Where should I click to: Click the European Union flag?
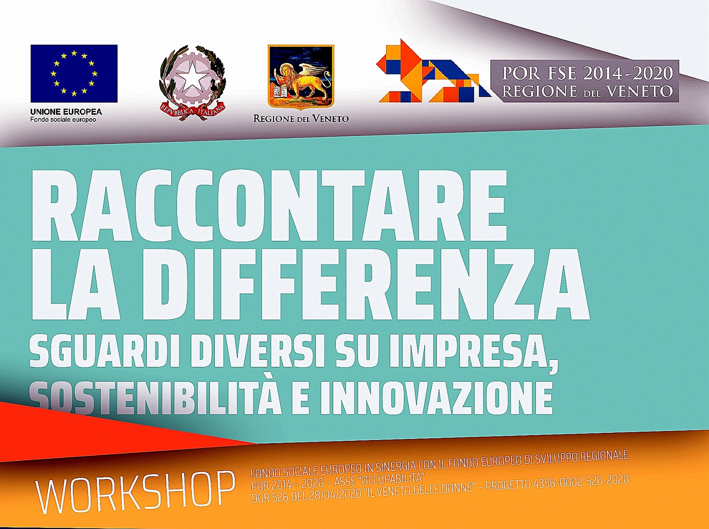click(74, 73)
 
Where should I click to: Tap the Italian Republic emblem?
click(193, 83)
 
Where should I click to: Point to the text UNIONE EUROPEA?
click(66, 112)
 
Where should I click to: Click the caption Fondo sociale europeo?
click(63, 120)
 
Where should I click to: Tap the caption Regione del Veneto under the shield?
click(301, 119)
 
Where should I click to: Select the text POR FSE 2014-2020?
click(587, 73)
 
